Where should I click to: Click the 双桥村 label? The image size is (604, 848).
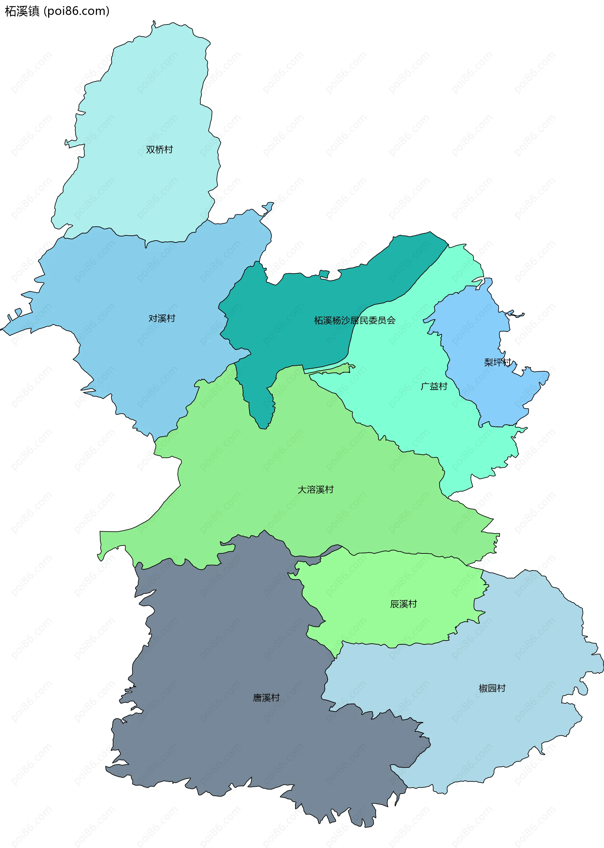click(159, 149)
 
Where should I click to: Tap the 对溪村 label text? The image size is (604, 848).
click(161, 318)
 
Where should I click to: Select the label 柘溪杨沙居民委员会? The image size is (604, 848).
click(355, 320)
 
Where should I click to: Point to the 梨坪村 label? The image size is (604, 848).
click(497, 362)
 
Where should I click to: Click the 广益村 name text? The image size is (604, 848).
click(434, 386)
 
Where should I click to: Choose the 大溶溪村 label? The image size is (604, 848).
click(316, 490)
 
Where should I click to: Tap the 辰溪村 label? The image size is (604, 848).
click(403, 604)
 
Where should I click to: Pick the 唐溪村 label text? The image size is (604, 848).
click(266, 698)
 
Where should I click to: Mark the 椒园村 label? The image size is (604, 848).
click(492, 688)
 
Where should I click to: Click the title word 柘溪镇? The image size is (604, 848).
click(22, 11)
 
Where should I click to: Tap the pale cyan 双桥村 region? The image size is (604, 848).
click(149, 93)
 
